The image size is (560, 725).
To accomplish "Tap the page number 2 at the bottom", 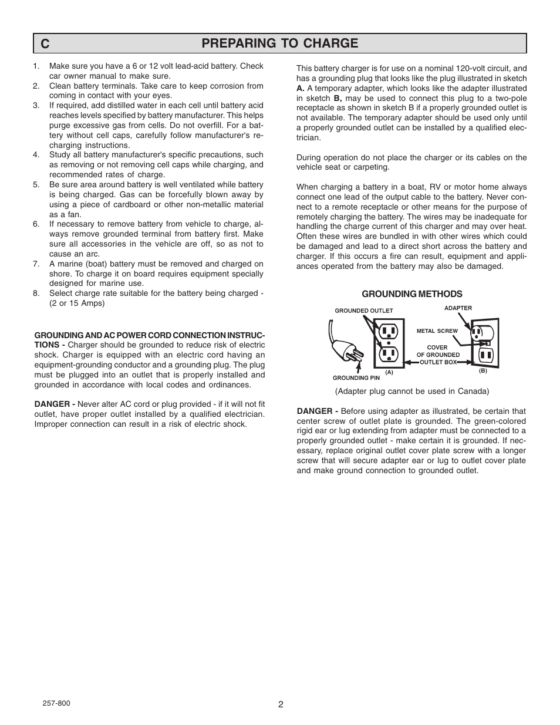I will pos(281,705).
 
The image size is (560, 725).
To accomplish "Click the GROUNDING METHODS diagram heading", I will pos(411,294).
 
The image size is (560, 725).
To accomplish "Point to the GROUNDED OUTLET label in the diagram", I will pos(363,311).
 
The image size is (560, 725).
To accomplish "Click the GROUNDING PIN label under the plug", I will pos(356,378).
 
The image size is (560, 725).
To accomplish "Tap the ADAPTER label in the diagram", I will pos(458,308).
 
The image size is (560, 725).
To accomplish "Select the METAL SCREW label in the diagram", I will pos(437,331).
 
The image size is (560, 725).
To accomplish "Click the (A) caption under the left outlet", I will pos(389,372).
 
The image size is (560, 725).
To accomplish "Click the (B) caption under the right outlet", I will pos(483,371).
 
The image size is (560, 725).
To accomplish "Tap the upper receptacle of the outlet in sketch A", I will pos(389,332).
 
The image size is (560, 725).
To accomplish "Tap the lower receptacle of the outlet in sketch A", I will pos(389,354).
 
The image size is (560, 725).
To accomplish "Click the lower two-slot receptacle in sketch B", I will pos(486,355).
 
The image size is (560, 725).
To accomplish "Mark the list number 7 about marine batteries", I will pos(36,264).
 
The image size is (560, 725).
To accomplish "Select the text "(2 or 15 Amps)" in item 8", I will pos(77,304).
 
